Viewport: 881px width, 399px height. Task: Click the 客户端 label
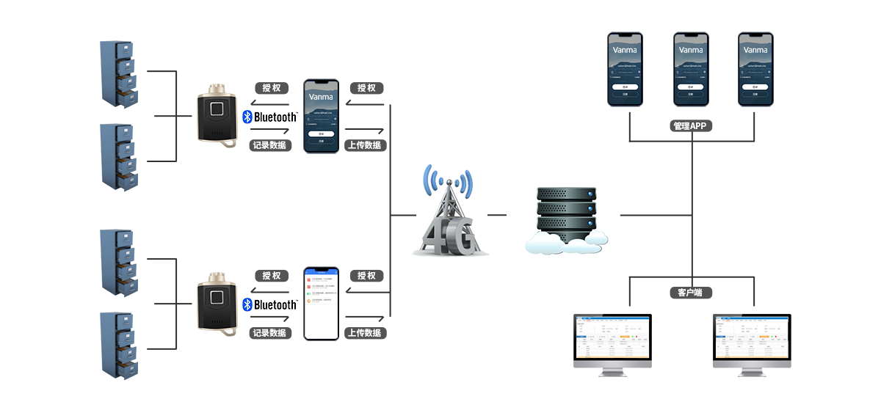(690, 293)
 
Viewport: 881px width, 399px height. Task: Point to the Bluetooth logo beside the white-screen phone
(269, 304)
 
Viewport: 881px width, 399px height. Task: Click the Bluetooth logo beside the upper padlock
(269, 117)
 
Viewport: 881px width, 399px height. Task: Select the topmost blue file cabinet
(118, 75)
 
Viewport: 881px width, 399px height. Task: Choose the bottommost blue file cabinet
(118, 345)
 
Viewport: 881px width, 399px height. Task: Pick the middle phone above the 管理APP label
(691, 69)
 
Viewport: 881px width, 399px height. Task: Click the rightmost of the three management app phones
(755, 69)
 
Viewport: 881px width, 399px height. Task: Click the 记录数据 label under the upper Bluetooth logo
(269, 145)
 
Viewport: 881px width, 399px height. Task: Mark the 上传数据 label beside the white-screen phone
(364, 333)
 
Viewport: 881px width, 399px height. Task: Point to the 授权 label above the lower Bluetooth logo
(272, 276)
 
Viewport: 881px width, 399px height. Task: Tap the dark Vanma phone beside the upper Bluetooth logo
(321, 117)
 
